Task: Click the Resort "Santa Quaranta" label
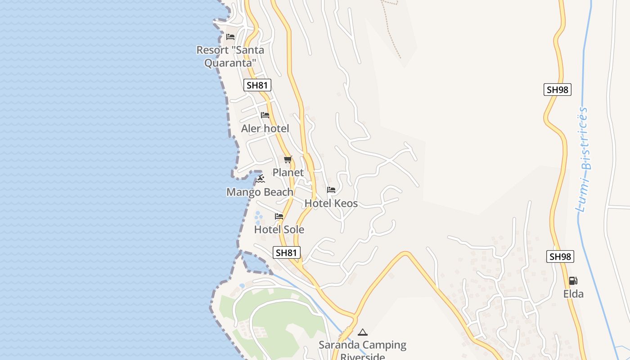(x=230, y=56)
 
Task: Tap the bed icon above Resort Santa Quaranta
(x=230, y=37)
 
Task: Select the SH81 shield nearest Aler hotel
(x=257, y=85)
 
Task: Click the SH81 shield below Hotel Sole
(x=287, y=252)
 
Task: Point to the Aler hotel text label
(x=265, y=129)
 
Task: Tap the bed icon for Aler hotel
(x=265, y=115)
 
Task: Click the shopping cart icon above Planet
(x=288, y=159)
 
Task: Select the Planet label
(x=288, y=173)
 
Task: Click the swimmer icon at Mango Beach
(x=261, y=179)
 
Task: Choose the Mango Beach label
(x=260, y=192)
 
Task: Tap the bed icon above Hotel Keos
(x=331, y=190)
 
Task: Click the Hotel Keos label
(x=331, y=203)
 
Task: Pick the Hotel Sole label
(x=279, y=229)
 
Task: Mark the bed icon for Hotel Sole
(x=279, y=216)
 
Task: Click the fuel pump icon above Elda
(x=573, y=281)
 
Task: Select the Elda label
(x=573, y=294)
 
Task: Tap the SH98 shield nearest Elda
(x=560, y=256)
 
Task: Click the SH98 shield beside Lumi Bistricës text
(x=557, y=90)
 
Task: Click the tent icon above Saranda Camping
(x=363, y=333)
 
